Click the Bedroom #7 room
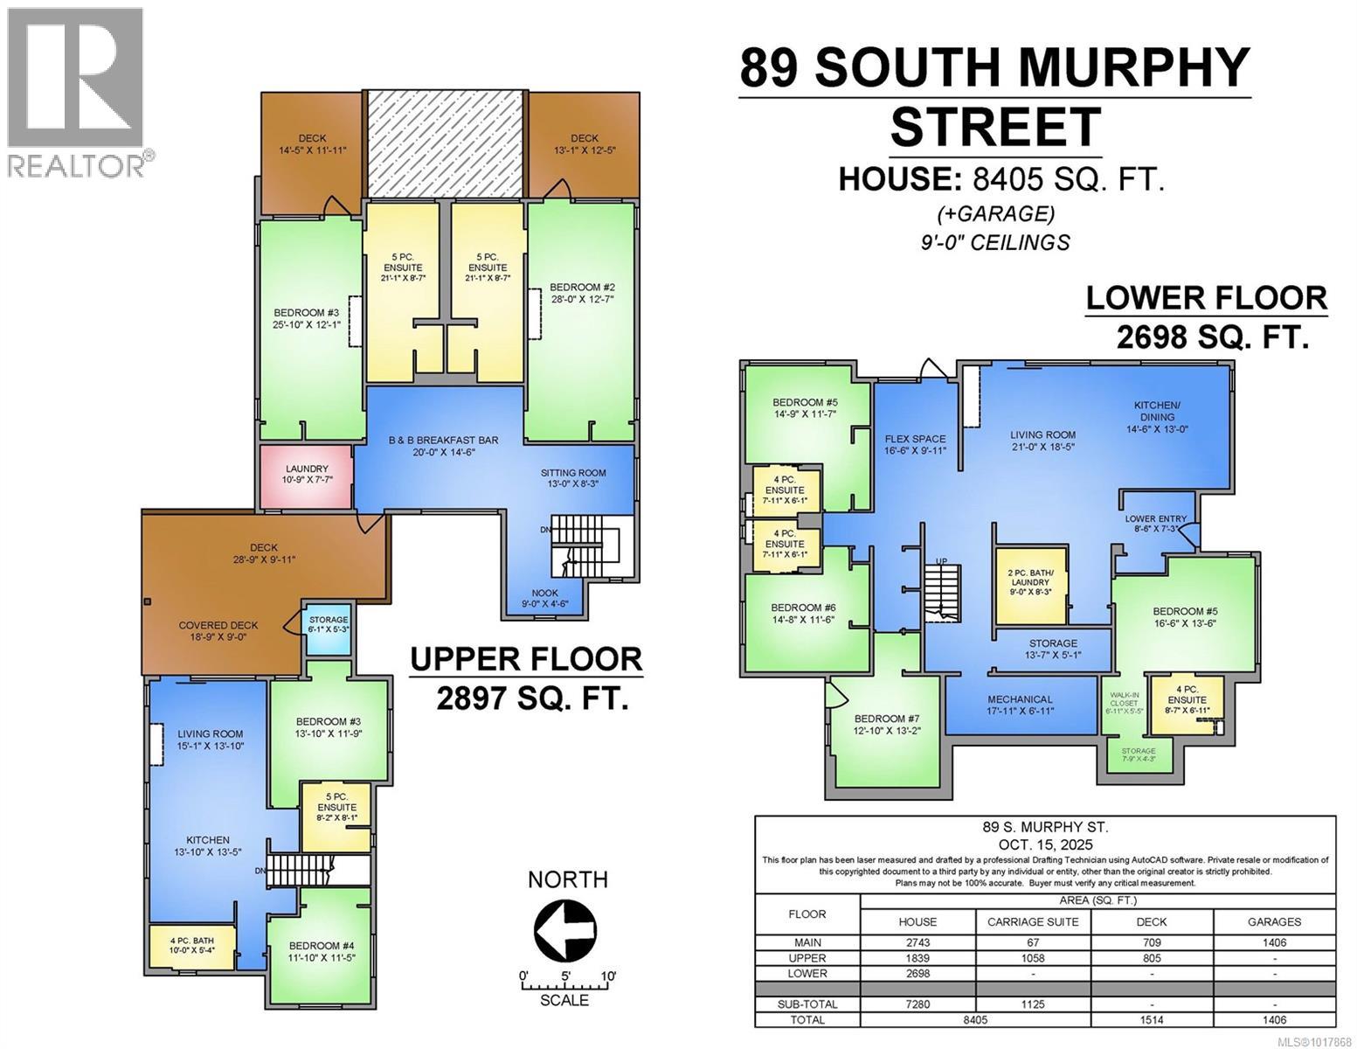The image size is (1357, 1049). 886,724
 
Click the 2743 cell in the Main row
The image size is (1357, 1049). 917,942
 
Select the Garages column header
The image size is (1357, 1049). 1274,921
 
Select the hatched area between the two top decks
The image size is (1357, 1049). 445,145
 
